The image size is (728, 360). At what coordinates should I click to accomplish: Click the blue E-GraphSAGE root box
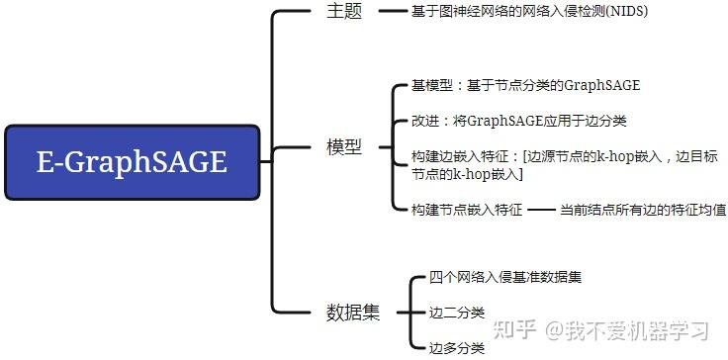(x=132, y=161)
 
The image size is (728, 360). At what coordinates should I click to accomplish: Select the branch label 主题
(x=344, y=13)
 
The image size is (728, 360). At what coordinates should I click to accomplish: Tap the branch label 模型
(x=344, y=147)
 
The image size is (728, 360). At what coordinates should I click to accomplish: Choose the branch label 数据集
(x=353, y=313)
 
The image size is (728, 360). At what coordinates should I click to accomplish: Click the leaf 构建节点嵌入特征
(x=467, y=210)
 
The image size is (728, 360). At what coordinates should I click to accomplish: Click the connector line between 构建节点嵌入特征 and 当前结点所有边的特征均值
(x=540, y=210)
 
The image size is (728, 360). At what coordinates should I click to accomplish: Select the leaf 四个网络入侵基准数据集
(x=505, y=277)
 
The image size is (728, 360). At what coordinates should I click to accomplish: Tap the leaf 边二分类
(x=457, y=313)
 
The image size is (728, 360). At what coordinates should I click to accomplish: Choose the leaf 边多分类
(x=457, y=347)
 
